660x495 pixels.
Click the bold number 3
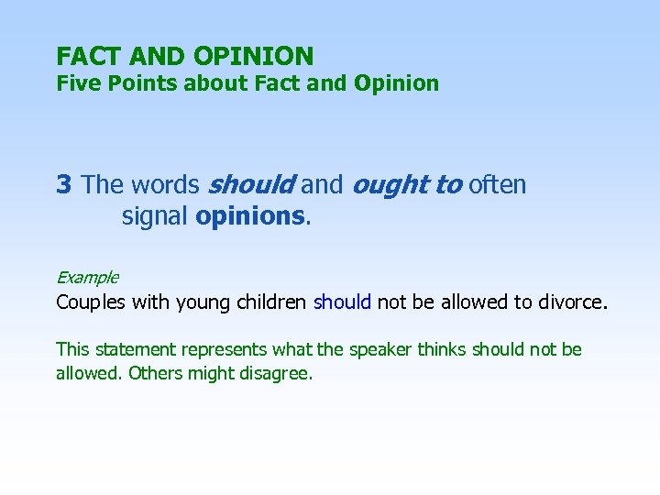[x=63, y=185]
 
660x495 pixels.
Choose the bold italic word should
[x=251, y=185]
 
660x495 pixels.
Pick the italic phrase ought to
[x=406, y=185]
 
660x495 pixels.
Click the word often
[x=498, y=185]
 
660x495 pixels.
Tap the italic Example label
[x=87, y=277]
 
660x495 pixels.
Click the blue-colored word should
[x=342, y=302]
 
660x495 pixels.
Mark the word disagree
[x=276, y=373]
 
